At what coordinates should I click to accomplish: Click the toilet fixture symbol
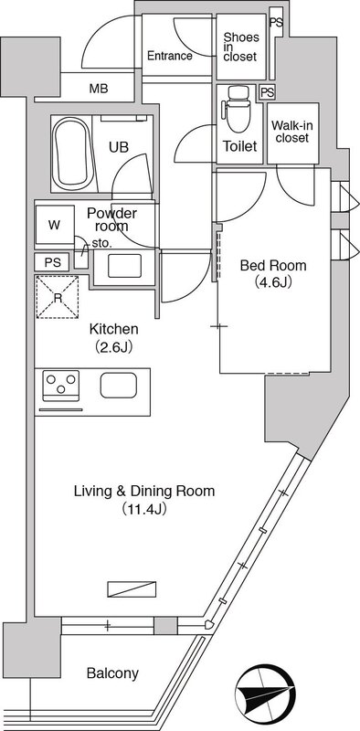tap(238, 109)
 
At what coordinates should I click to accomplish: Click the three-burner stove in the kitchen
tap(61, 385)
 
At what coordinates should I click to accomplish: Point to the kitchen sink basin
tap(119, 386)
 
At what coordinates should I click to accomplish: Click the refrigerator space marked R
tap(58, 297)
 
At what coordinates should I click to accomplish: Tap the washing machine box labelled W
tap(55, 225)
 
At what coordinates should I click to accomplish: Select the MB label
tap(99, 89)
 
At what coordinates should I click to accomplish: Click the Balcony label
tap(113, 673)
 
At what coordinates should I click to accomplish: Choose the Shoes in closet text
tap(240, 47)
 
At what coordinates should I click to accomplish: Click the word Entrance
tap(170, 56)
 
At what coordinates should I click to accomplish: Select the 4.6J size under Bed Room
tap(273, 282)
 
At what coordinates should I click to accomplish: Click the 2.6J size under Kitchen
tap(114, 346)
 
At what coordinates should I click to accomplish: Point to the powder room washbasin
tap(124, 266)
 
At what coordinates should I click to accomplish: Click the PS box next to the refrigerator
tap(52, 262)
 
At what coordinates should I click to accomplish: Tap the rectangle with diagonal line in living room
tap(132, 588)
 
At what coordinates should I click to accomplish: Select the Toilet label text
tap(239, 146)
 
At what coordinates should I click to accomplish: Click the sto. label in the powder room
tap(100, 243)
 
